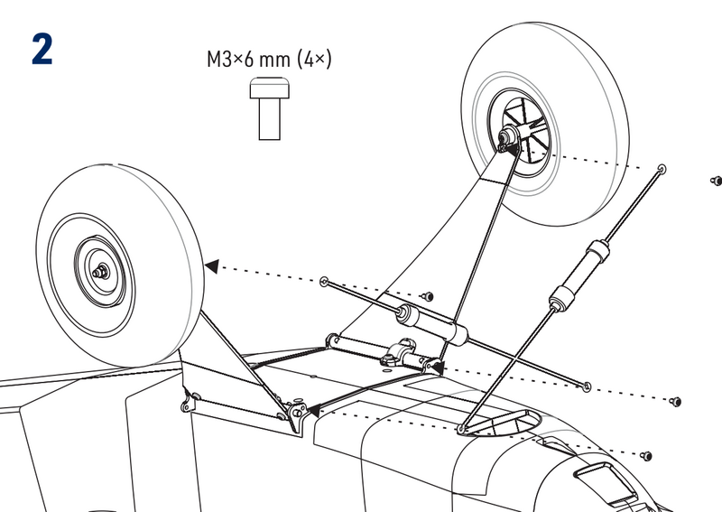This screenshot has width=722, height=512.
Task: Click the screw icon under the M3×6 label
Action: pos(270,108)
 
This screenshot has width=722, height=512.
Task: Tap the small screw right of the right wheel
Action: pos(715,181)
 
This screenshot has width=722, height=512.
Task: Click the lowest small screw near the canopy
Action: pos(647,453)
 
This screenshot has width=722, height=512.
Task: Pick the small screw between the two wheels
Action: pos(429,295)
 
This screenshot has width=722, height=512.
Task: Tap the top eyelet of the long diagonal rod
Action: pos(663,169)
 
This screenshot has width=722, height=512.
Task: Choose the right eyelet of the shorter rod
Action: pos(588,386)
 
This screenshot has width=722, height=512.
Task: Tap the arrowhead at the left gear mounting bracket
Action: pos(312,411)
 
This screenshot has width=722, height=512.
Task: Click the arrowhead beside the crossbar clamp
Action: pos(437,367)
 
